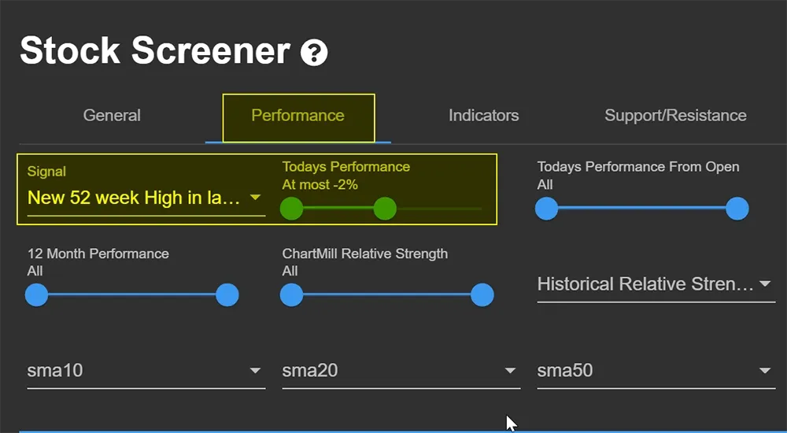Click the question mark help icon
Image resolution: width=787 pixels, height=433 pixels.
pos(314,53)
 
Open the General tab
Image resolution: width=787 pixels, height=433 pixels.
pos(112,116)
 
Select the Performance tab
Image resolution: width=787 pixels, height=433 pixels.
pos(298,116)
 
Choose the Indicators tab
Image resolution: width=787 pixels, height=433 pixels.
pos(484,116)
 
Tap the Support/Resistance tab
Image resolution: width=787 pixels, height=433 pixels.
pos(675,116)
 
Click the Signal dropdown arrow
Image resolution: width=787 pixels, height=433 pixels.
pos(256,198)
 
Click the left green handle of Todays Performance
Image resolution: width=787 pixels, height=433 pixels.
pos(292,209)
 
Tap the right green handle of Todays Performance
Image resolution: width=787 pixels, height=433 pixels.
pos(385,209)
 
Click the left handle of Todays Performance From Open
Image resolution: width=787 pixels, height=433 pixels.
pos(547,209)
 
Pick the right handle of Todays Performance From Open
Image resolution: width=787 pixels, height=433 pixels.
pos(737,209)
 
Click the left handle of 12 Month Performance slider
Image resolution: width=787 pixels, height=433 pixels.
pos(37,295)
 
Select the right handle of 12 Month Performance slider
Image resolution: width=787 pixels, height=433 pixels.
pos(227,295)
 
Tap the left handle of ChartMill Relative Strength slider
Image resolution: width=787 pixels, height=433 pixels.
pos(292,295)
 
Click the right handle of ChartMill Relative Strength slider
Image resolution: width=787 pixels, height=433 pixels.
pos(482,295)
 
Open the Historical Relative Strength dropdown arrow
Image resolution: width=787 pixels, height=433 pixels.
pos(765,283)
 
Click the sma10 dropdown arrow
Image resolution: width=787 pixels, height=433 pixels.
pos(256,371)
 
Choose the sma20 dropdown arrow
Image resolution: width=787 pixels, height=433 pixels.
pos(511,371)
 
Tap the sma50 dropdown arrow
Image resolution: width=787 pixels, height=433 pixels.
pos(765,371)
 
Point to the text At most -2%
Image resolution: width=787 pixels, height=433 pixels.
pos(320,185)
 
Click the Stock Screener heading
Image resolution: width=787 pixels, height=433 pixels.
pos(155,50)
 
